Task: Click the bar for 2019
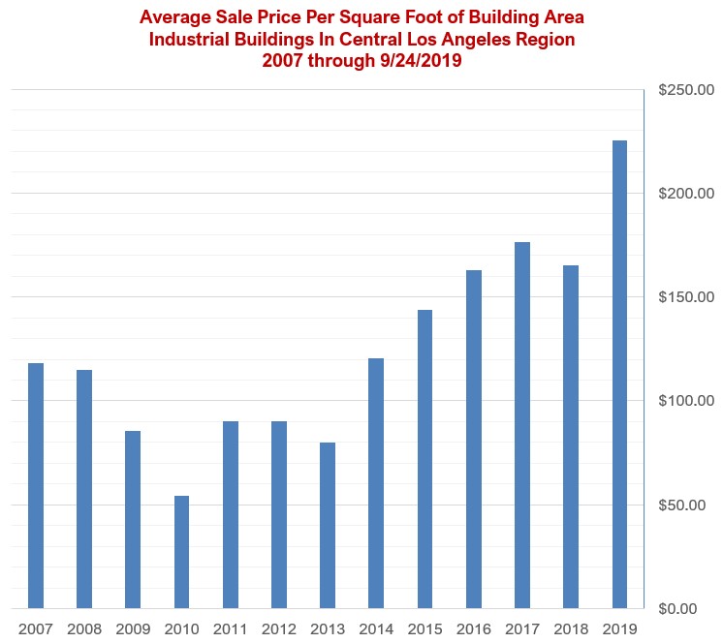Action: [x=619, y=374]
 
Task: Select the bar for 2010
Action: [x=181, y=552]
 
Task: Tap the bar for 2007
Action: [x=36, y=485]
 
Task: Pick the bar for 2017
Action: [x=522, y=425]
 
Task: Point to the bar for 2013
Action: [x=328, y=525]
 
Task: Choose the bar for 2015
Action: [x=424, y=459]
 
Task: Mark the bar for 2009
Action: [x=133, y=519]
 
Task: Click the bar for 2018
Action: [x=571, y=437]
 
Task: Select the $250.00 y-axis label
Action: [x=685, y=90]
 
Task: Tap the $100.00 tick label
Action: [x=685, y=401]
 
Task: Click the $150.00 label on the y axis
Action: [x=685, y=297]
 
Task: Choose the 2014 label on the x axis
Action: [x=376, y=628]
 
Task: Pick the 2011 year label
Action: [x=230, y=628]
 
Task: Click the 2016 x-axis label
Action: [x=473, y=628]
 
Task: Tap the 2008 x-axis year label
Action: [x=84, y=628]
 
